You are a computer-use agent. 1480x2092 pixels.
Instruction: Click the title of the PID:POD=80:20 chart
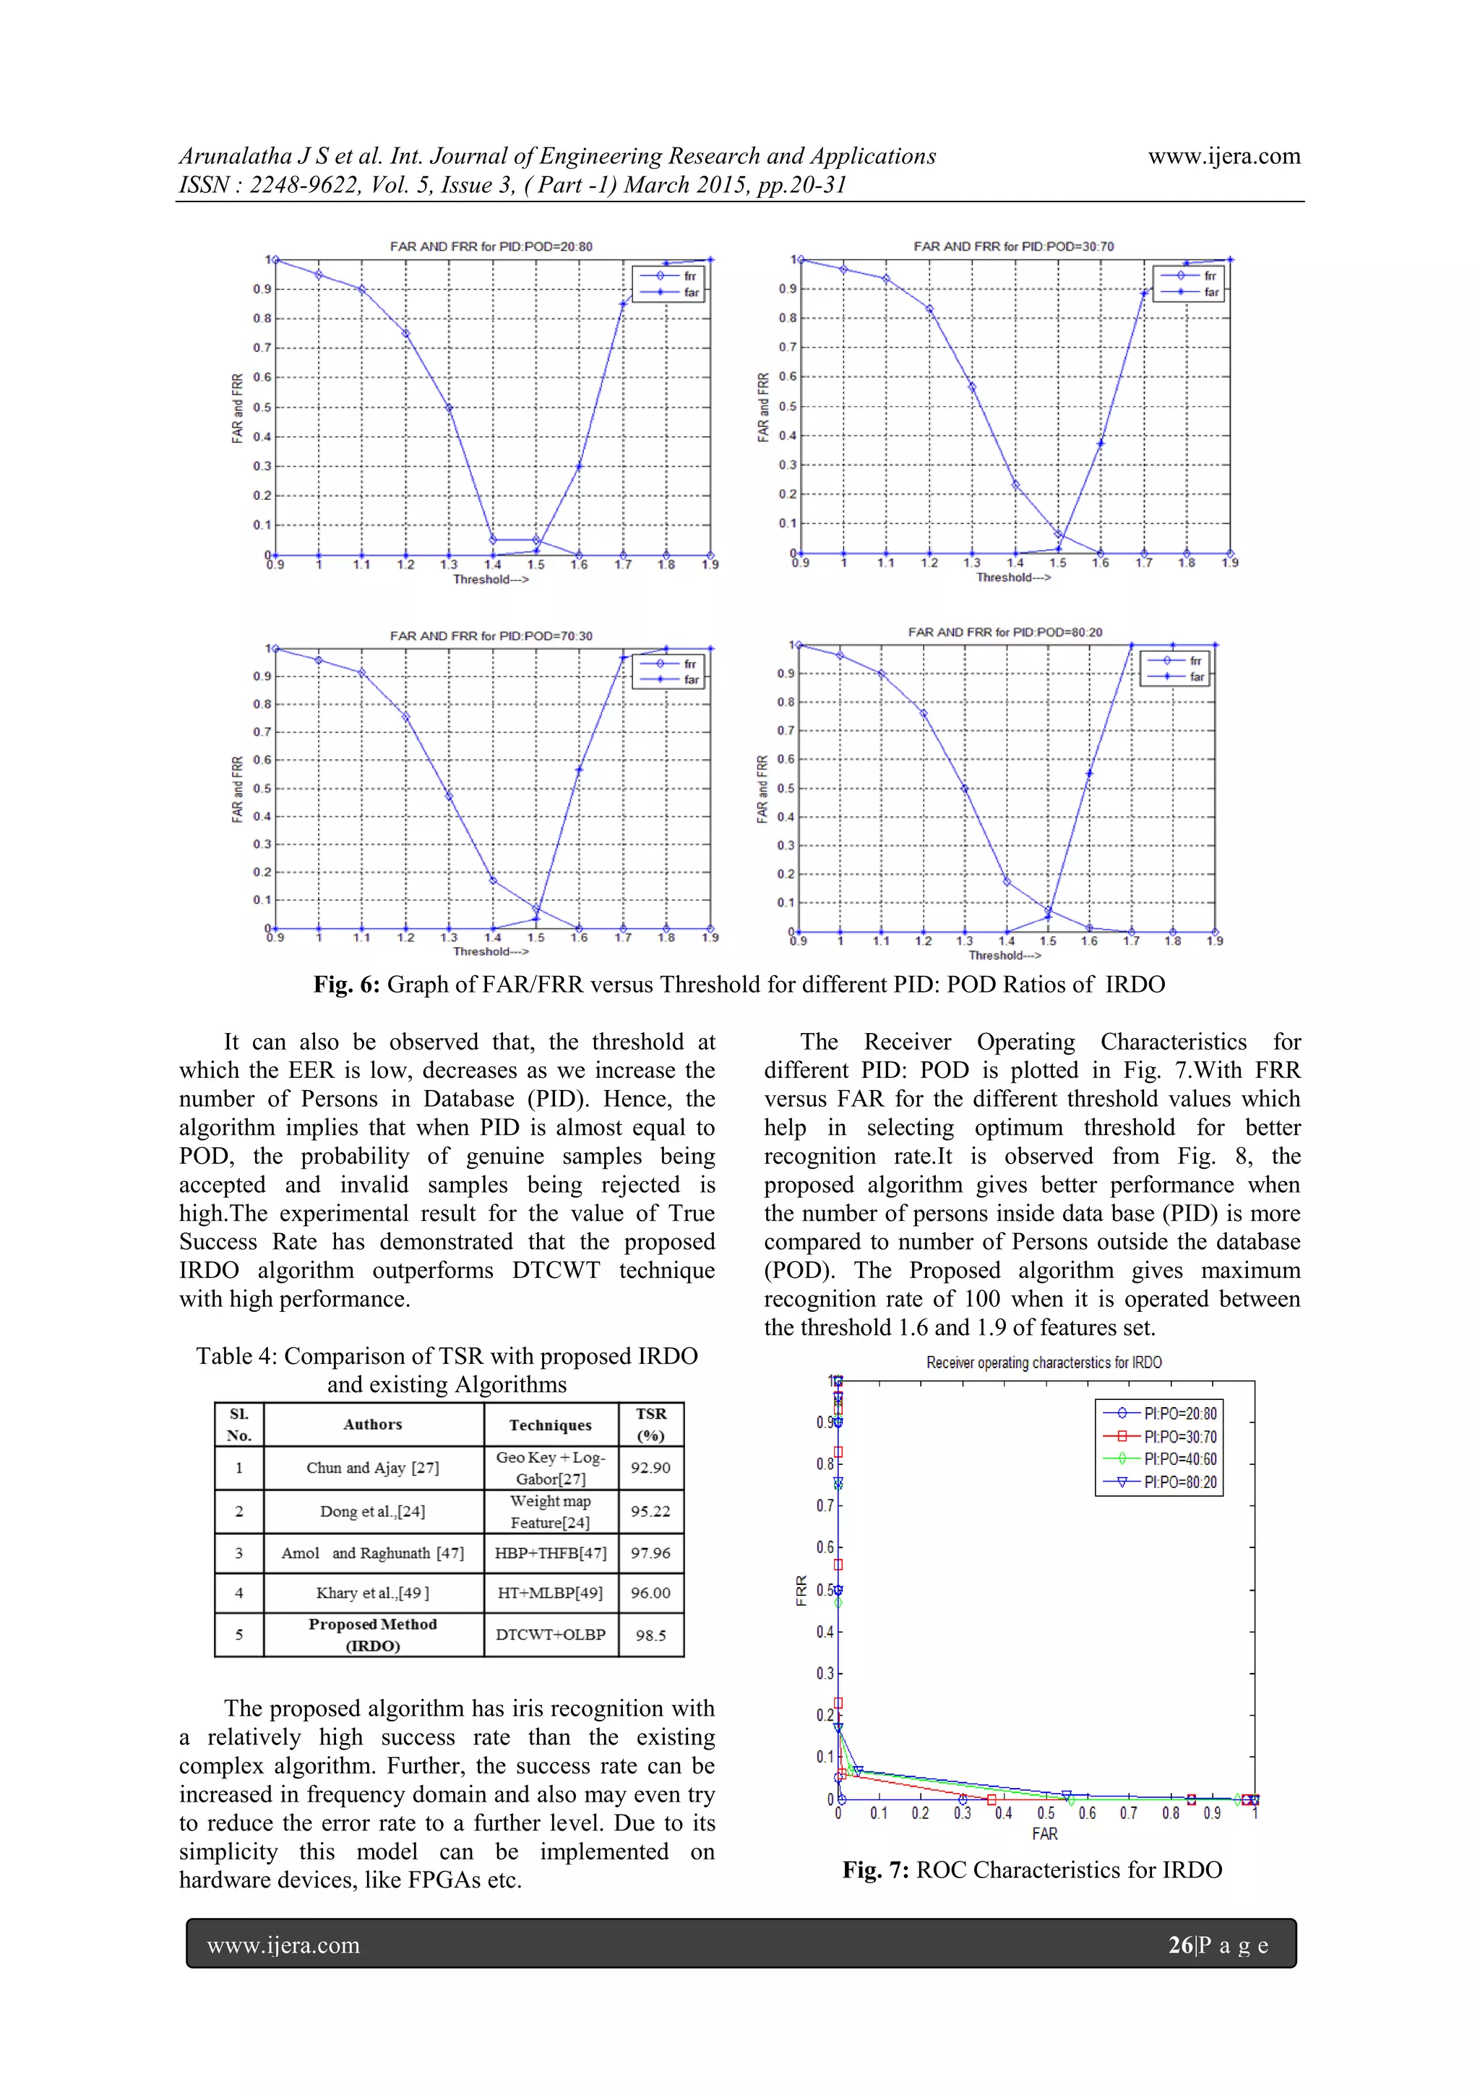1004,631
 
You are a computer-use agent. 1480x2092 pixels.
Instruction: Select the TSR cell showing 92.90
650,1468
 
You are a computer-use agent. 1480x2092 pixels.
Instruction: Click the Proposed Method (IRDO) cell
372,1635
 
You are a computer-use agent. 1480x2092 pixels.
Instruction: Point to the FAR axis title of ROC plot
1044,1833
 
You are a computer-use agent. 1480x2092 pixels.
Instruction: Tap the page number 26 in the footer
1180,1945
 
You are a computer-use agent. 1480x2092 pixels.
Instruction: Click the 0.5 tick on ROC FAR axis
1045,1813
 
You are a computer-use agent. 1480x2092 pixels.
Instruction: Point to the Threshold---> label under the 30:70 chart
1013,576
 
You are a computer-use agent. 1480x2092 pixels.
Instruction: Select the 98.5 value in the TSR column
650,1635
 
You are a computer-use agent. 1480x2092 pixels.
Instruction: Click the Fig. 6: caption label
346,984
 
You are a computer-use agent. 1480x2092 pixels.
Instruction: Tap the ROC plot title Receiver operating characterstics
1044,1362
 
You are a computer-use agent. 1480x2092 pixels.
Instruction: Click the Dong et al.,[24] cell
372,1510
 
